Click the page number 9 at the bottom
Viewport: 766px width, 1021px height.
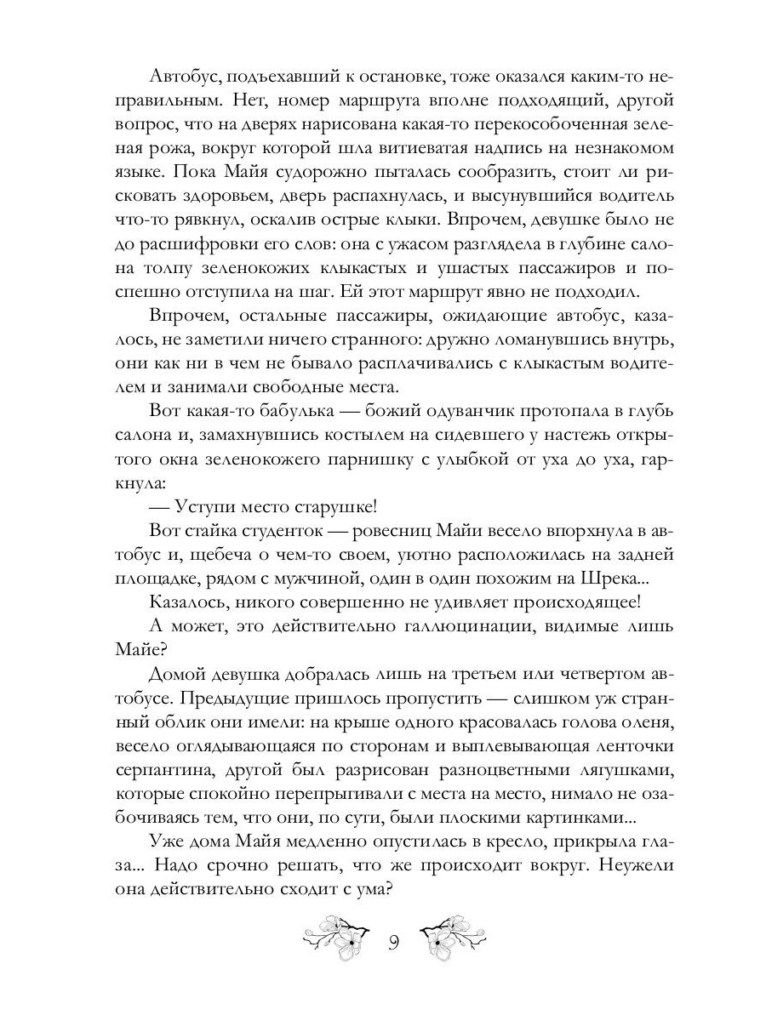point(393,943)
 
